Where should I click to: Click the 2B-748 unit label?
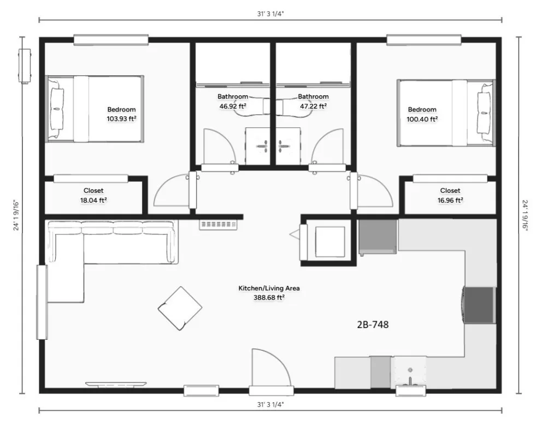pyautogui.click(x=373, y=325)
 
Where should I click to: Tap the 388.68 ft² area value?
pyautogui.click(x=269, y=297)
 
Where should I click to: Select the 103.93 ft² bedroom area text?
pyautogui.click(x=121, y=119)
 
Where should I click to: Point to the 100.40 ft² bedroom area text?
pyautogui.click(x=422, y=119)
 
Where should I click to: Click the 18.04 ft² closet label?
pyautogui.click(x=93, y=200)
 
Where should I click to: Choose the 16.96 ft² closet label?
pyautogui.click(x=450, y=200)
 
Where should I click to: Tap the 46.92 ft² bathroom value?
pyautogui.click(x=233, y=106)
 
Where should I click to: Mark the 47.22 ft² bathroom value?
pyautogui.click(x=313, y=106)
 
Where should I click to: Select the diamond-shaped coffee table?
pyautogui.click(x=180, y=308)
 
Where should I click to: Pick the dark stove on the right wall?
pyautogui.click(x=479, y=305)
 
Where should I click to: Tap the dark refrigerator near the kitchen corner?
pyautogui.click(x=378, y=237)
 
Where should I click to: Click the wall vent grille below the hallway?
pyautogui.click(x=218, y=225)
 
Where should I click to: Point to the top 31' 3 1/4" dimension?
pyautogui.click(x=270, y=14)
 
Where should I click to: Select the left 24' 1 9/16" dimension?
pyautogui.click(x=16, y=215)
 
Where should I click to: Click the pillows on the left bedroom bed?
pyautogui.click(x=57, y=108)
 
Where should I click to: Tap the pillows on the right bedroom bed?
pyautogui.click(x=484, y=113)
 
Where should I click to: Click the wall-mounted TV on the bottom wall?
pyautogui.click(x=116, y=384)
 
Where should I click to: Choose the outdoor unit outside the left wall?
pyautogui.click(x=25, y=66)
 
